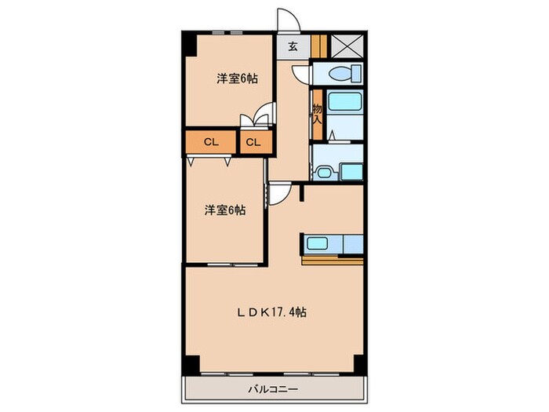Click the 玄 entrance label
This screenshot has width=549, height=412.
[x=292, y=46]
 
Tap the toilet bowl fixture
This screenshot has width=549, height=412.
[x=343, y=74]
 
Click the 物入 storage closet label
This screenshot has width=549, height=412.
[x=318, y=114]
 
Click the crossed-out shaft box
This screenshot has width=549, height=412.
[x=345, y=46]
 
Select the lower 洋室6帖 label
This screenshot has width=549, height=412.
[x=225, y=210]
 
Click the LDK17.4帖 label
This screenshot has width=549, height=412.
[x=272, y=312]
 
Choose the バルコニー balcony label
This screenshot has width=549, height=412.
[x=273, y=388]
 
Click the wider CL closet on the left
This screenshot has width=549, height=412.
[x=210, y=142]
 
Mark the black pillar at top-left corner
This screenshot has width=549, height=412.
[x=188, y=44]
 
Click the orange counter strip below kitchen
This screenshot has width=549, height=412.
[x=333, y=260]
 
